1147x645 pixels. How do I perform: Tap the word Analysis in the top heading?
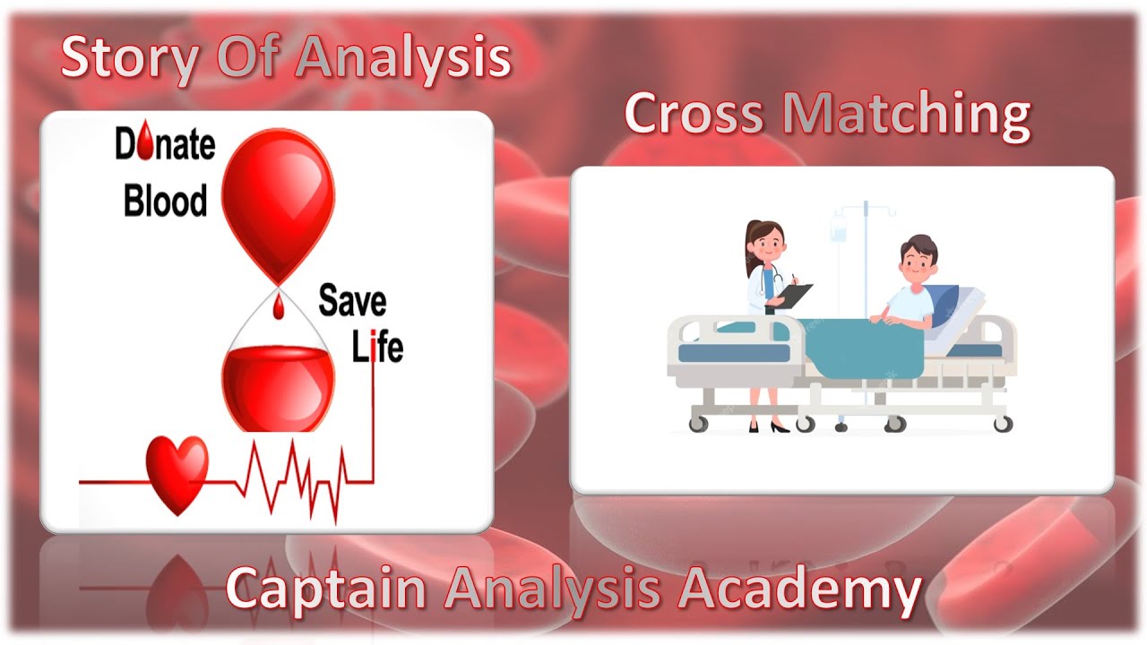(x=403, y=57)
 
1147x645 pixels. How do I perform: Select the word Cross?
(x=695, y=115)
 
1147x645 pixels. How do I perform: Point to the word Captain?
(x=326, y=589)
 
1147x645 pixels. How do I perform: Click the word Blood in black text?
(x=165, y=200)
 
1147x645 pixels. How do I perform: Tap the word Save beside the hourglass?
(x=351, y=302)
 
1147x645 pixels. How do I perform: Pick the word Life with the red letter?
(x=377, y=347)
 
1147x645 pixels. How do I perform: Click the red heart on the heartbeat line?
(x=177, y=472)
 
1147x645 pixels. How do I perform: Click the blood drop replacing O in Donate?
(x=147, y=144)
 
